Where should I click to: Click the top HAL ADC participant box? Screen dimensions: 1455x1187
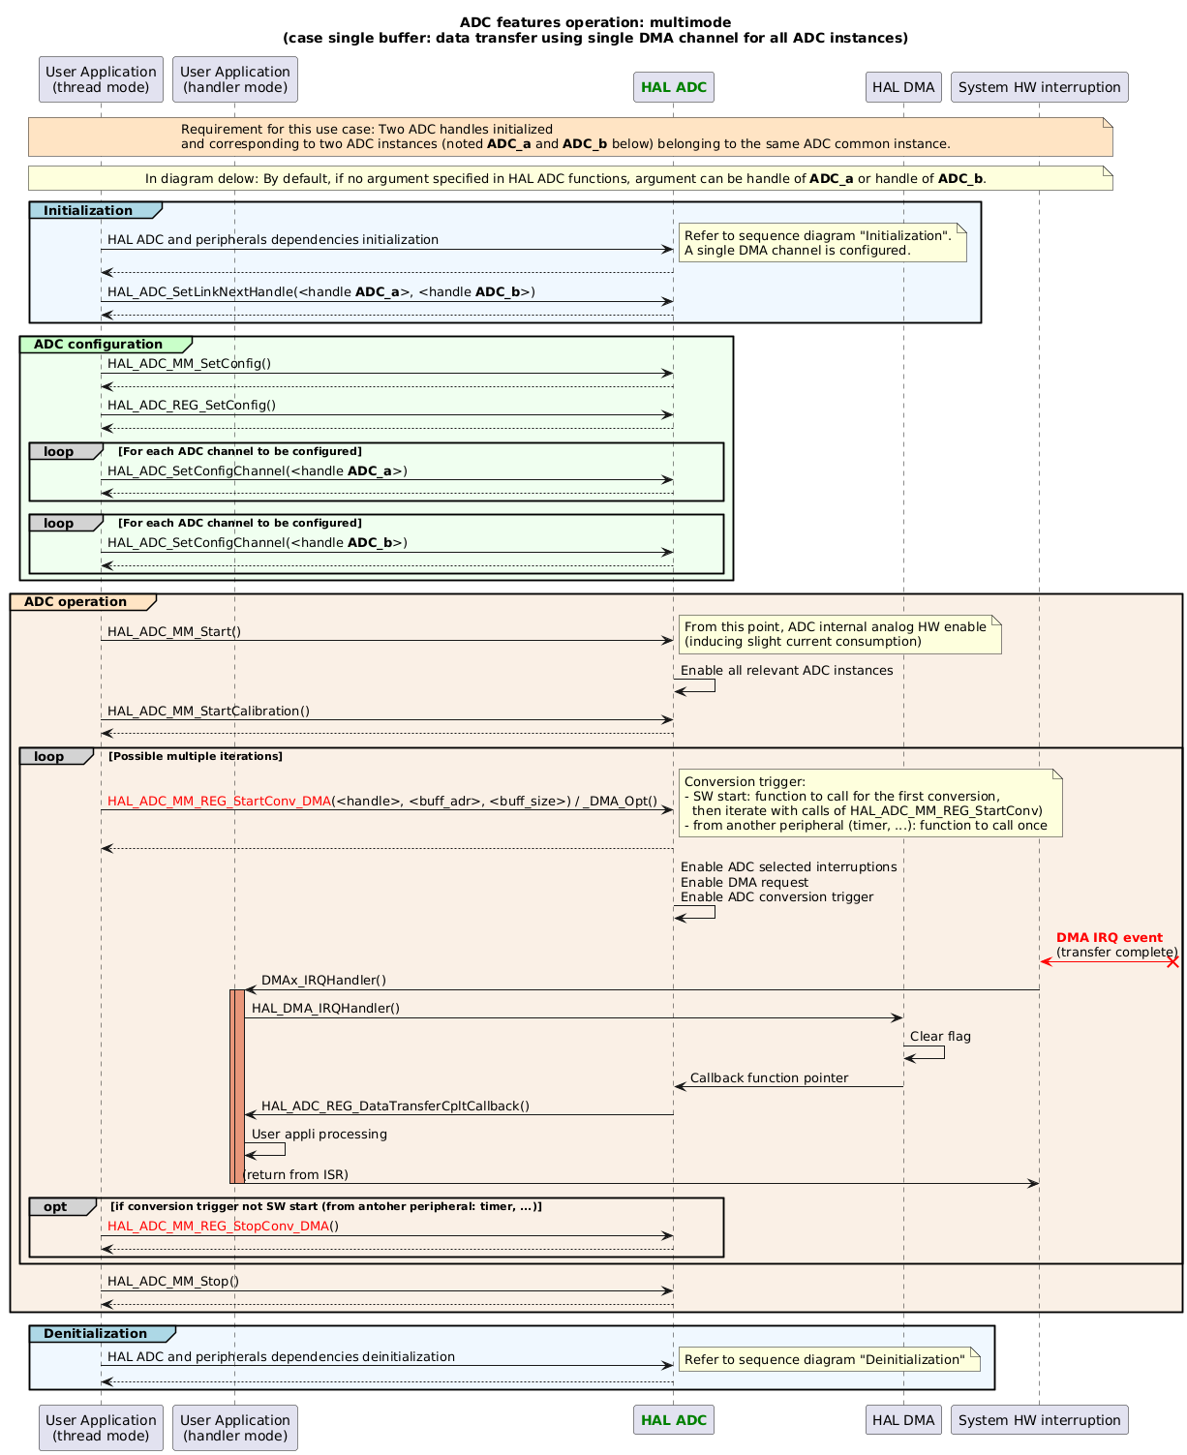coord(673,87)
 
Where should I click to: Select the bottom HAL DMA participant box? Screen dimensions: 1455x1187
coord(902,1420)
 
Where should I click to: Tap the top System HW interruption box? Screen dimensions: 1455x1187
coord(1039,87)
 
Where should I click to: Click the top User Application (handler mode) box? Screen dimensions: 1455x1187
coord(234,79)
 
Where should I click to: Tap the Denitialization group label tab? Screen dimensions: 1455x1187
coord(99,1334)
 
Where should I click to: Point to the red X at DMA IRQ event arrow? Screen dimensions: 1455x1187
coord(1172,962)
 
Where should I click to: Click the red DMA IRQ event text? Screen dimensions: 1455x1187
coord(1109,938)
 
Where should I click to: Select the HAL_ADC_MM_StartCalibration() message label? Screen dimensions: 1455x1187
coord(208,712)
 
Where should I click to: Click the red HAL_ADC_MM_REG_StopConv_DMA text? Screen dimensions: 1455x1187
coord(218,1227)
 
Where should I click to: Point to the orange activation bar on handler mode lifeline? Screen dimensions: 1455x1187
coord(236,1084)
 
